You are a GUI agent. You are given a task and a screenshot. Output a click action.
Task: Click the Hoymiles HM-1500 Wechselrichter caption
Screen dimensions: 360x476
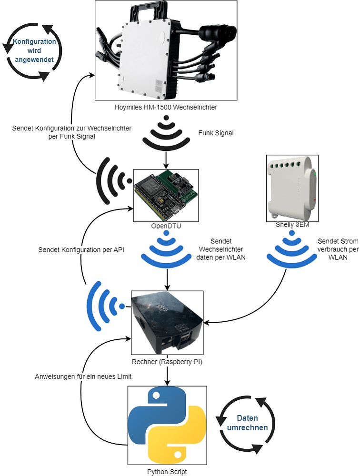166,107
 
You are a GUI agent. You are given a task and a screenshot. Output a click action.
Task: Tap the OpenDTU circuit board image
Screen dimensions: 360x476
166,195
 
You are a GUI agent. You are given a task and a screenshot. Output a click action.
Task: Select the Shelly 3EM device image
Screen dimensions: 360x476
292,188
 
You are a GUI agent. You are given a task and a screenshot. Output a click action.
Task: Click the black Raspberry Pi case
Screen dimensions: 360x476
167,323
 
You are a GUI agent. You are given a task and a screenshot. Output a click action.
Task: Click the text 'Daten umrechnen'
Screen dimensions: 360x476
247,423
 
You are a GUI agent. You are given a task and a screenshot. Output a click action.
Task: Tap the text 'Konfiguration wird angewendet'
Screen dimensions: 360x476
34,50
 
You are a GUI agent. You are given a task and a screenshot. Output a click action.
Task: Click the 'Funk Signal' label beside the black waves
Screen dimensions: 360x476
216,133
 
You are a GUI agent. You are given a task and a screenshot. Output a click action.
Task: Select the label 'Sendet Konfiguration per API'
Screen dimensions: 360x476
81,250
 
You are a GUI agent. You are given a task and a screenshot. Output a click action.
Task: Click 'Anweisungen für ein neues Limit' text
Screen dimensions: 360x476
83,377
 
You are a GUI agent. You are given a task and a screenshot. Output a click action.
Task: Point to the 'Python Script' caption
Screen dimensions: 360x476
167,472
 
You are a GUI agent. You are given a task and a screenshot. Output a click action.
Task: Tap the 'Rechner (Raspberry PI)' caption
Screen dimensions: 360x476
167,362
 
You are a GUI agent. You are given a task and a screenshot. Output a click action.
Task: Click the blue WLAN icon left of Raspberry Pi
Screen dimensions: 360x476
105,306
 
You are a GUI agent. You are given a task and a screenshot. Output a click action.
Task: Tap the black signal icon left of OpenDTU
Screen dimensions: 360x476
114,181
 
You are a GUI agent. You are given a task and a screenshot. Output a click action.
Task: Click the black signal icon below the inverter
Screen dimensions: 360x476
166,131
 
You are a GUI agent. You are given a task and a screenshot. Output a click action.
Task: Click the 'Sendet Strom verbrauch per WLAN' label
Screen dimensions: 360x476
338,249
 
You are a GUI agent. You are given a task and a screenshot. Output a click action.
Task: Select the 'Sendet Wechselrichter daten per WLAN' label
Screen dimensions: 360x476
221,249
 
